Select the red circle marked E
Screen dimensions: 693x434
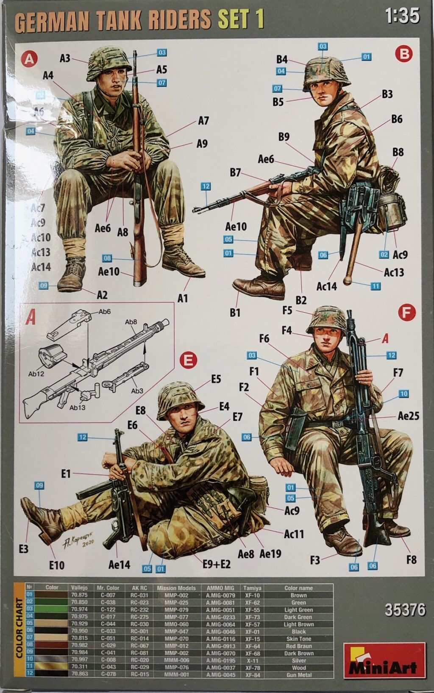[x=188, y=360]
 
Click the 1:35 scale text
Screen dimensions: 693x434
[x=402, y=16]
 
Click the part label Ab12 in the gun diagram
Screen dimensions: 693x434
[x=36, y=374]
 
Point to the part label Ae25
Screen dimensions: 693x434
[x=408, y=416]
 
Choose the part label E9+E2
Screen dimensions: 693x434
[x=216, y=564]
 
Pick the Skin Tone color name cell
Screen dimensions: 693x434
[x=298, y=639]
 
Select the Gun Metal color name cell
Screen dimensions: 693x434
[x=298, y=675]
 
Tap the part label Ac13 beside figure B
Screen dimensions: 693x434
[x=394, y=272]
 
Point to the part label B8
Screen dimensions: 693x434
[x=398, y=152]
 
